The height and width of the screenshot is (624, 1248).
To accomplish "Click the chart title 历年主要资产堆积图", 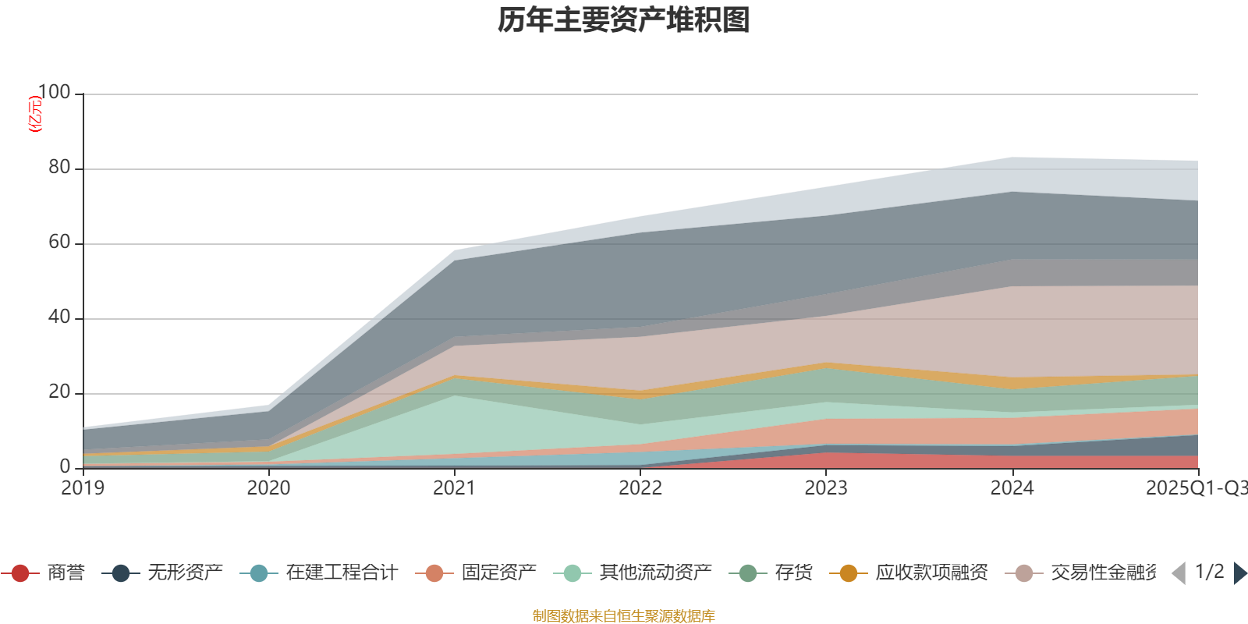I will (x=624, y=21).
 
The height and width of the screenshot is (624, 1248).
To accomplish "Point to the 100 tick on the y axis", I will (x=54, y=93).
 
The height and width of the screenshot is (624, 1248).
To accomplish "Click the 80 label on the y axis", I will (x=59, y=168).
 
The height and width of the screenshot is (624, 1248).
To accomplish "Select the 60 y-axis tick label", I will (x=59, y=243).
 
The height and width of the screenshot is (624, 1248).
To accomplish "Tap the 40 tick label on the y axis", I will (x=59, y=317).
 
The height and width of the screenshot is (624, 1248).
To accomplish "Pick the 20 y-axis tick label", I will (x=59, y=392).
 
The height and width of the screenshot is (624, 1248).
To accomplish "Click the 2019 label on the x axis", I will (x=83, y=488).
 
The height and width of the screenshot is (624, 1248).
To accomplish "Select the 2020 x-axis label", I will (x=268, y=488).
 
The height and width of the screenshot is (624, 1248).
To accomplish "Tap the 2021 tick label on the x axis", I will (x=454, y=488).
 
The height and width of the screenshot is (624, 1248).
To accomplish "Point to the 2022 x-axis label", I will (x=640, y=488).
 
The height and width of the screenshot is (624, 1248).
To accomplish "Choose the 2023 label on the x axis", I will (x=826, y=488).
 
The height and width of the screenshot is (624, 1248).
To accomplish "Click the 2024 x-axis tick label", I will (x=1012, y=488).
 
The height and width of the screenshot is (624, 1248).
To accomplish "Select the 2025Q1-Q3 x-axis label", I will (x=1196, y=488).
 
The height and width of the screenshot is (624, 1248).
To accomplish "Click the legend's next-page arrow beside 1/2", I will (x=1239, y=573).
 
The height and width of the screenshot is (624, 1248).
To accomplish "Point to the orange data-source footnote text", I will (x=624, y=616).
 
